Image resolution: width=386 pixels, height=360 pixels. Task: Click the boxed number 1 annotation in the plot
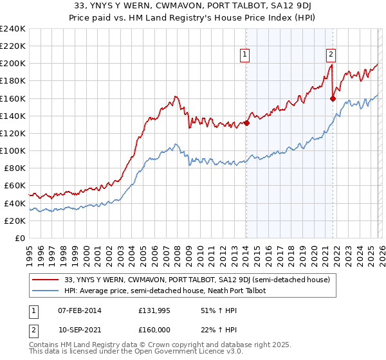(x=246, y=55)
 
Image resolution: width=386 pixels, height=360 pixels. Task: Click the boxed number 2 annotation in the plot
(x=331, y=55)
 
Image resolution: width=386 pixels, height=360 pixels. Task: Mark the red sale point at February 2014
(x=246, y=123)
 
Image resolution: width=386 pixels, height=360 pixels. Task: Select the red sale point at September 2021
(x=333, y=99)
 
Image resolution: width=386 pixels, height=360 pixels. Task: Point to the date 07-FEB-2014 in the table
(x=80, y=310)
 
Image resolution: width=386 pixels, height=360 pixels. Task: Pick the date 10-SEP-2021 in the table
(x=80, y=330)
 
